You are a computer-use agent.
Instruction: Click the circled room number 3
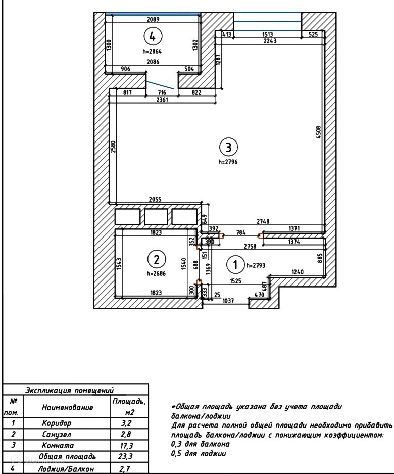pos(228,147)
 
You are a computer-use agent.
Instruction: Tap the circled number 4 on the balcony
pos(153,36)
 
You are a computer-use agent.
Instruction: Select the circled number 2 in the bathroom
pos(157,260)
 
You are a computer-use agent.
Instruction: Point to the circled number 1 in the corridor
pos(236,265)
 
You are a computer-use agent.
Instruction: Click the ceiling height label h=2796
pos(228,162)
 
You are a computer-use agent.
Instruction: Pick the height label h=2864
pos(152,52)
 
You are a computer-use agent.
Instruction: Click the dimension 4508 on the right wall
pos(319,132)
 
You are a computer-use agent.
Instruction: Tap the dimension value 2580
pos(113,147)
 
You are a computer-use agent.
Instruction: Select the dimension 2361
pos(162,100)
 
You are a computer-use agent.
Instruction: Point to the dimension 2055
pos(155,199)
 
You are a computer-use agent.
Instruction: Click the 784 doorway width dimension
pos(241,232)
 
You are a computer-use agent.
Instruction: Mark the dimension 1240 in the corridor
pos(298,272)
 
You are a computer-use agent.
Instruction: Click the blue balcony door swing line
pos(160,85)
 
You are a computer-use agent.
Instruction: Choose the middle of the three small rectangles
pos(156,216)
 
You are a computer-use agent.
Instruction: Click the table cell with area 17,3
pos(127,446)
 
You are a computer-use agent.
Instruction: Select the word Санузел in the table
pos(57,435)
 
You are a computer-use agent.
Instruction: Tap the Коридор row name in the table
pos(57,423)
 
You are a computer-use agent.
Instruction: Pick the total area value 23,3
pos(126,456)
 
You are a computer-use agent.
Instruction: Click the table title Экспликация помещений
pos(70,390)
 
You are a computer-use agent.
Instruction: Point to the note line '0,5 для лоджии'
pos(199,454)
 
